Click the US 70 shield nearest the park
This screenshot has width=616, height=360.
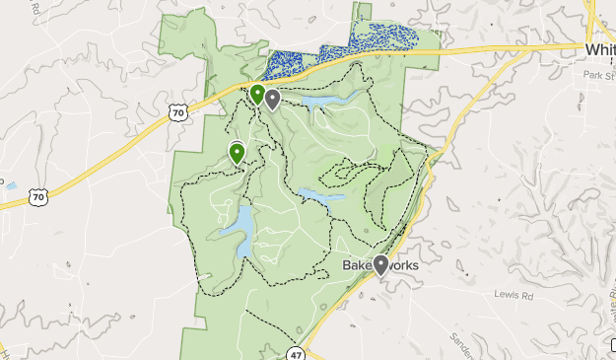(177, 112)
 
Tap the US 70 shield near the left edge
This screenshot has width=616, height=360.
(37, 197)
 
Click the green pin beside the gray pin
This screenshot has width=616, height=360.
(257, 94)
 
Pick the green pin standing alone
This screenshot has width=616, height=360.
(237, 152)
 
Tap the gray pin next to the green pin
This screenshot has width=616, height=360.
(272, 99)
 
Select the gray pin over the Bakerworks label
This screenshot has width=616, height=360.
(380, 264)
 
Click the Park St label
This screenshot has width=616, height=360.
(597, 75)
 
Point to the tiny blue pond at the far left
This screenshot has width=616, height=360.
(11, 184)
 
